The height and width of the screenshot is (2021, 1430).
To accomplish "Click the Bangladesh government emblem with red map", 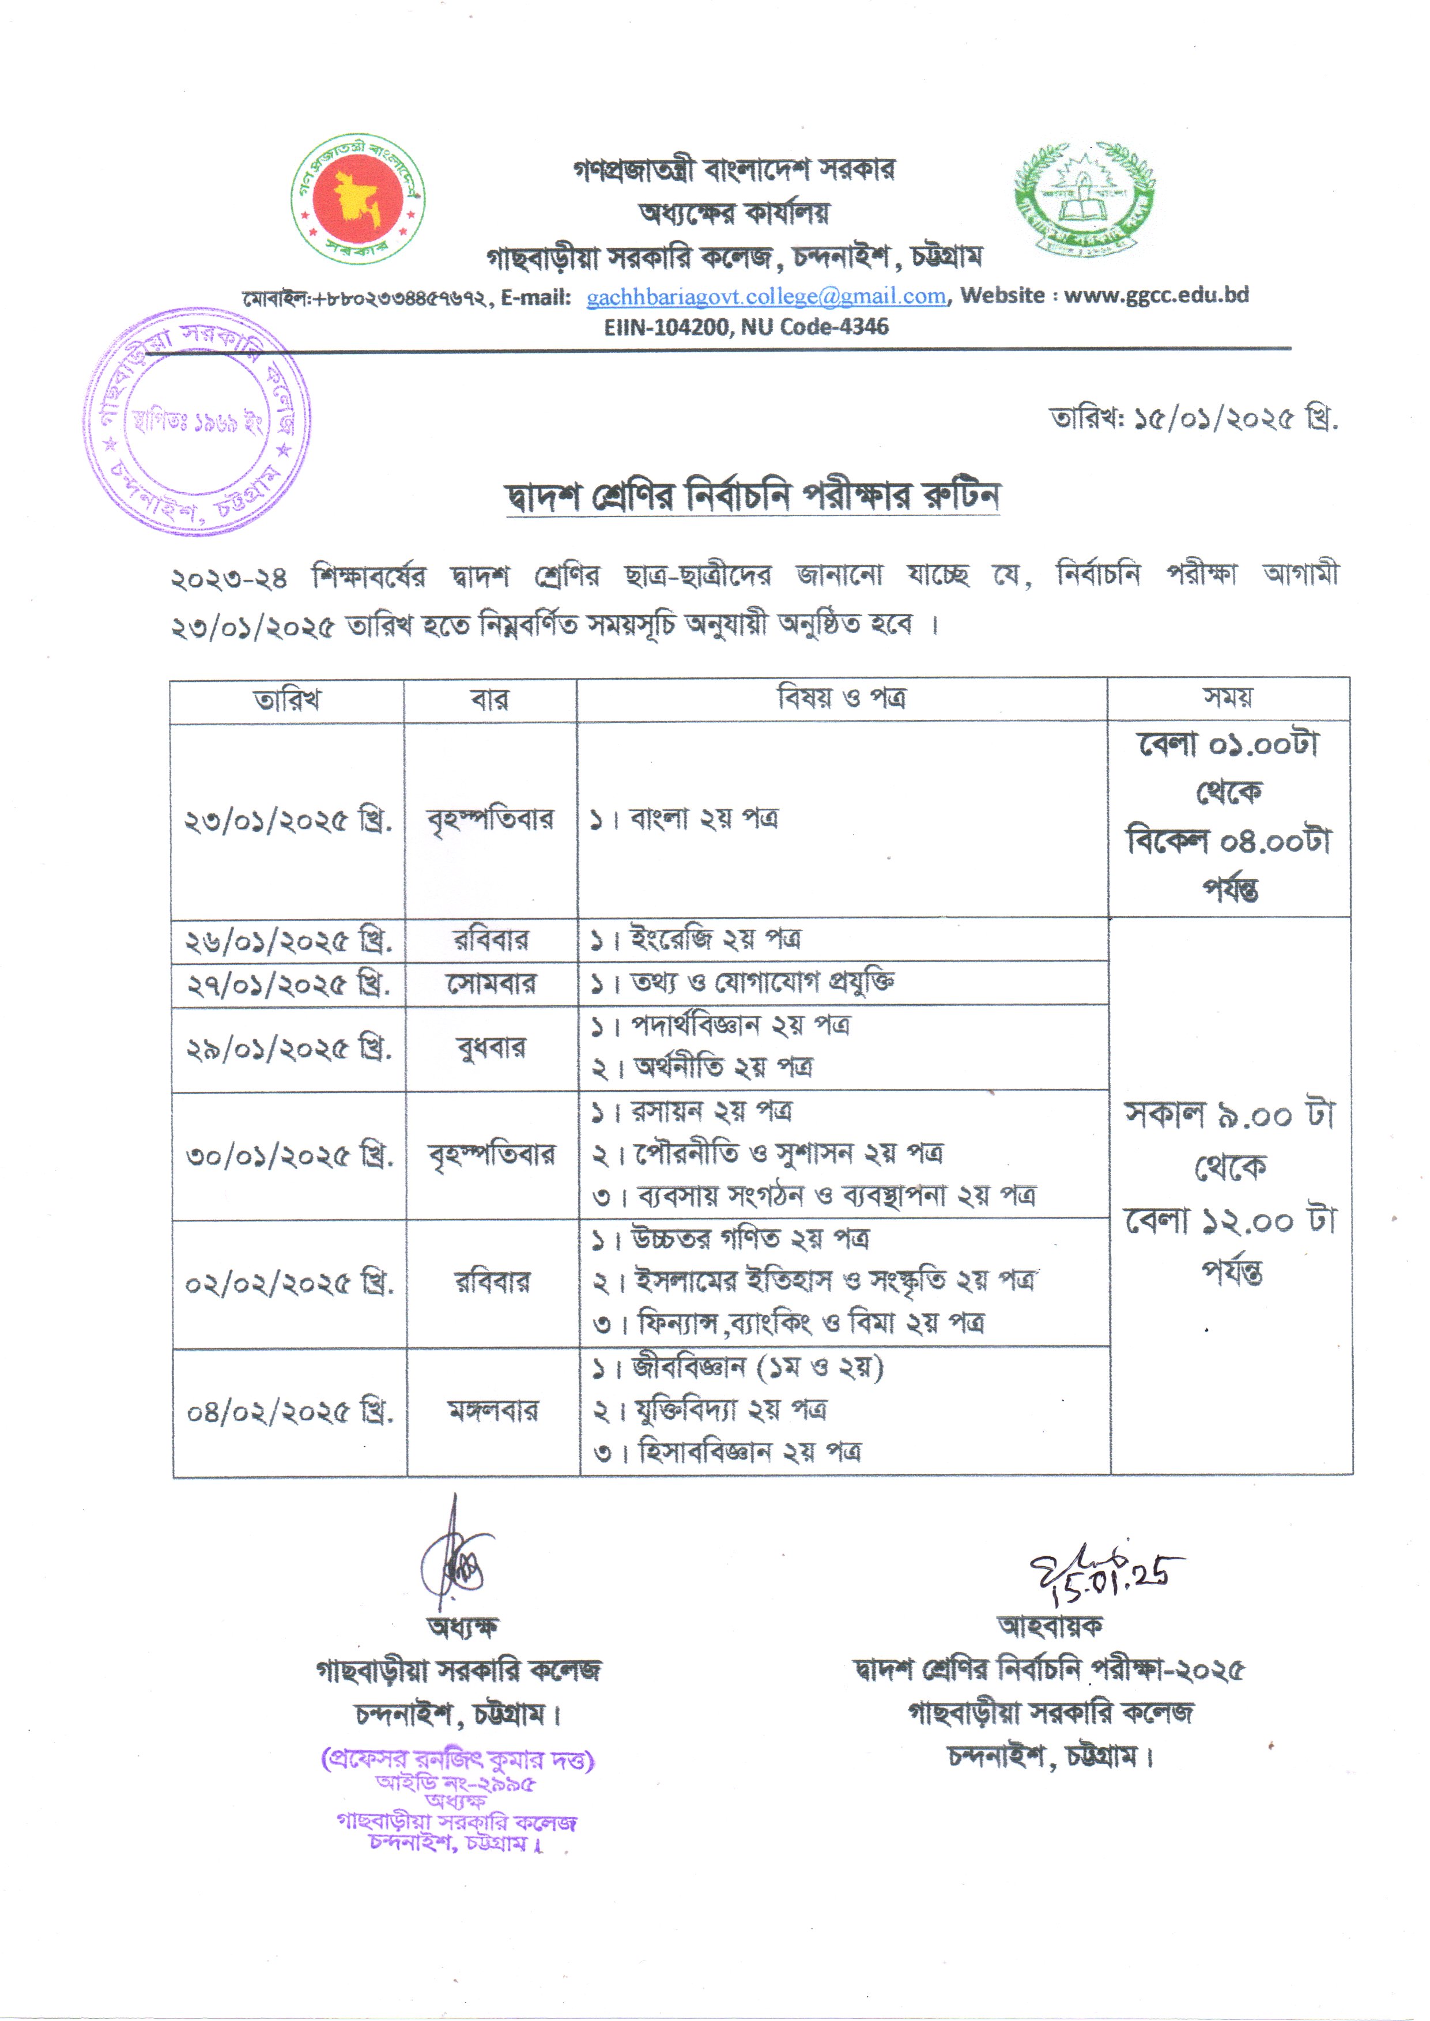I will click(359, 199).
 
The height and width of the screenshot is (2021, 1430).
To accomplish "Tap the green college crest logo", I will click(1084, 195).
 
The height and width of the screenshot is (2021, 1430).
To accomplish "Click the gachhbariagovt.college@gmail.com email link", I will click(766, 297).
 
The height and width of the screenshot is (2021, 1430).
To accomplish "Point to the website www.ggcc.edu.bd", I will click(1156, 295).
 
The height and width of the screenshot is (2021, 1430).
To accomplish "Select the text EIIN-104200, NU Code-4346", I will click(746, 327).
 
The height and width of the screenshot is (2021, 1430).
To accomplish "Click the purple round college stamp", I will click(197, 422).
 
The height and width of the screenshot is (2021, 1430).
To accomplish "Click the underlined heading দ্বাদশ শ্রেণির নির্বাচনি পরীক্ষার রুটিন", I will click(753, 497).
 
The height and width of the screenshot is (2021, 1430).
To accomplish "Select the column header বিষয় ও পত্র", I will click(841, 699).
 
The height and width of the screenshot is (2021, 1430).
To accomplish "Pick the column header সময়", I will click(1228, 698).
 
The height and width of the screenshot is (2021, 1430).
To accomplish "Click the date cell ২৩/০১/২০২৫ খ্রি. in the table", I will click(287, 821).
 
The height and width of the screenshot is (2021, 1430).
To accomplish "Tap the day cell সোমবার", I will click(490, 983).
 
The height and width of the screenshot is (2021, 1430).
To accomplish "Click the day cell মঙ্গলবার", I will click(492, 1412).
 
